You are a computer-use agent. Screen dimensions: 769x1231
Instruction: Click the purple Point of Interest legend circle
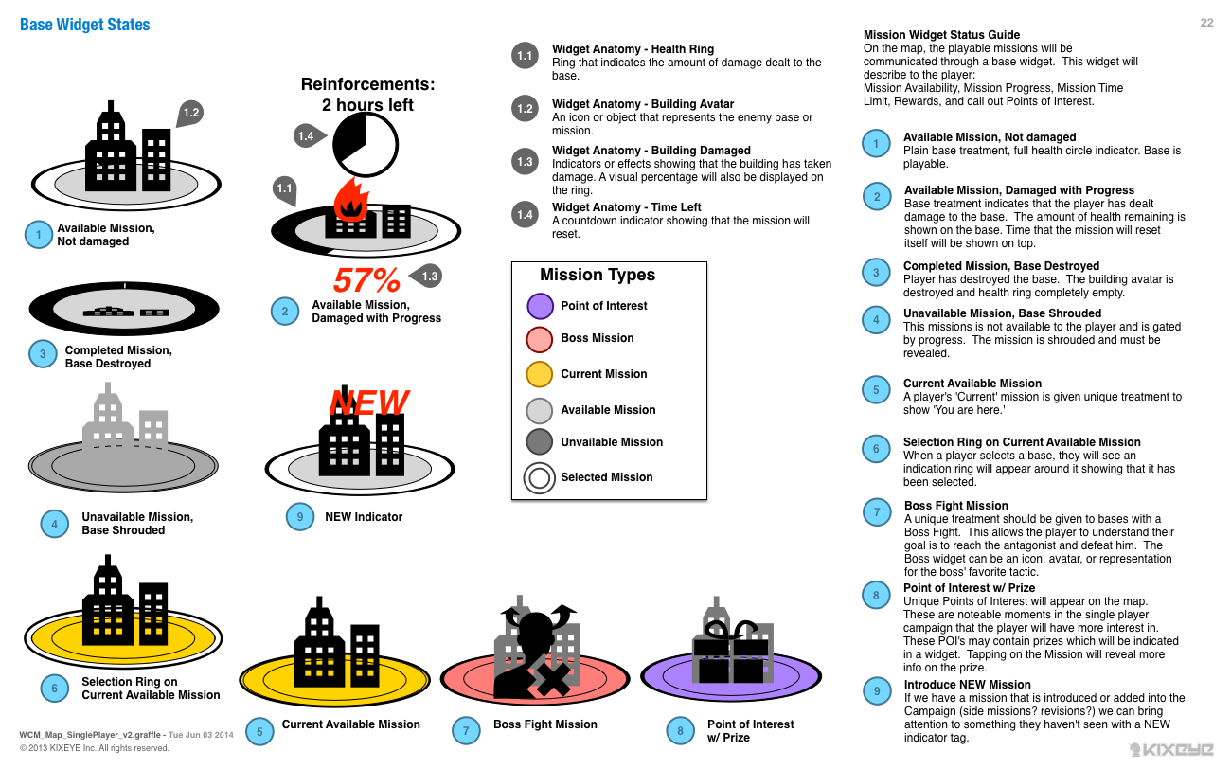click(x=540, y=306)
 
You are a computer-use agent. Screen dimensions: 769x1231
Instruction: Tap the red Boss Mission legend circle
click(x=540, y=339)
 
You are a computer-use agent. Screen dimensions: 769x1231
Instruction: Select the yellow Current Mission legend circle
click(x=540, y=374)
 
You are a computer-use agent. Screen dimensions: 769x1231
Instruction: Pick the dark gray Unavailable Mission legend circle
click(x=540, y=442)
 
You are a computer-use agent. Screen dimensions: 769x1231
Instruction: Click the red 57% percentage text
click(x=367, y=280)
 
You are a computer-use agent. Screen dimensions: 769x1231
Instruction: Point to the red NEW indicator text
click(x=369, y=402)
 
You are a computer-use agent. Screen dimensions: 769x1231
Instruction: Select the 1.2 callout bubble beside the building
click(x=190, y=114)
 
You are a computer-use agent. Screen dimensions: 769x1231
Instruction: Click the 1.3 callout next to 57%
click(x=428, y=277)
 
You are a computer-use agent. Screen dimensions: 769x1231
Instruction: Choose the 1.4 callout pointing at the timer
click(x=307, y=136)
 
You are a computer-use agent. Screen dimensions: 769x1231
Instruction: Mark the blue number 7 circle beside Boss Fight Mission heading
click(x=877, y=512)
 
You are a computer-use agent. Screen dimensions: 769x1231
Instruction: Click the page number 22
click(x=1206, y=23)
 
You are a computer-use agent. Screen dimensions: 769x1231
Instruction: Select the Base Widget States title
click(x=85, y=25)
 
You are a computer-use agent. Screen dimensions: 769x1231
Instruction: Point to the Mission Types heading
click(x=598, y=275)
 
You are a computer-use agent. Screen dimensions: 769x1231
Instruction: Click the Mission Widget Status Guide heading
click(x=941, y=35)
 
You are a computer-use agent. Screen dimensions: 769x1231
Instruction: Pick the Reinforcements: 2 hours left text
click(x=367, y=95)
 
